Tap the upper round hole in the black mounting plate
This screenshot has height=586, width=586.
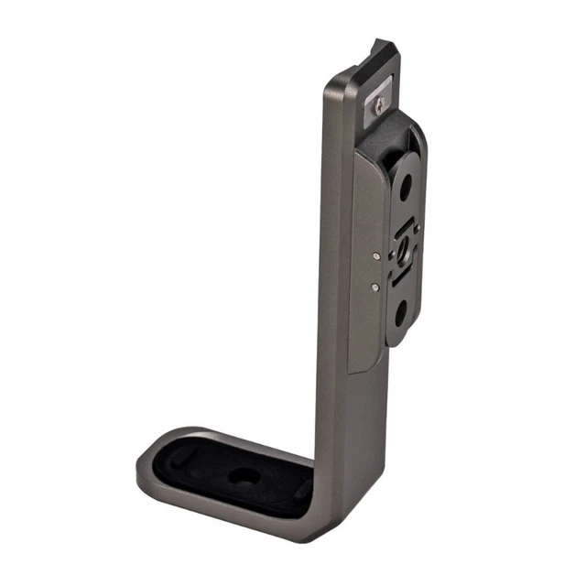pos(404,190)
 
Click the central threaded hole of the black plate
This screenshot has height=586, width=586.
pos(402,248)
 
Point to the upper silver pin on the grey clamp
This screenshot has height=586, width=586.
pos(377,257)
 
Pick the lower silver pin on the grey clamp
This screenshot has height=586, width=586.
pos(375,287)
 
